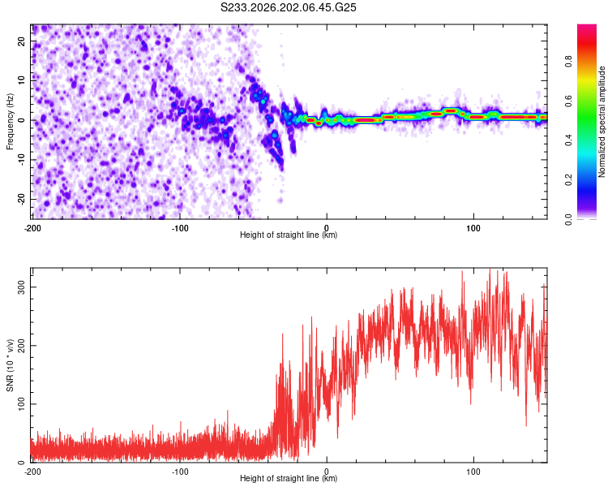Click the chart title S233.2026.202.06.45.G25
click(288, 7)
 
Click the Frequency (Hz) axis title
click(10, 122)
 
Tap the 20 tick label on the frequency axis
click(21, 41)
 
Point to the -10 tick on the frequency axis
click(21, 159)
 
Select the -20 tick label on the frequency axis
click(21, 199)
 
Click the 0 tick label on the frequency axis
click(21, 120)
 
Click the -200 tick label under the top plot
click(32, 228)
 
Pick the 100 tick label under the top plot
click(473, 228)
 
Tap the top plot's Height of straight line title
click(289, 235)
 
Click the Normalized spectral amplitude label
click(602, 122)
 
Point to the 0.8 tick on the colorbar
click(568, 62)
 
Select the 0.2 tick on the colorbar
click(568, 180)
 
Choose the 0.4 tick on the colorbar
click(568, 140)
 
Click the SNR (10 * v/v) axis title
click(10, 365)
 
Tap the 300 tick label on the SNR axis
click(21, 287)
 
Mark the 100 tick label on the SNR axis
click(21, 404)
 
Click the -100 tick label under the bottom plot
click(180, 472)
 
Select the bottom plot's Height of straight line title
click(289, 478)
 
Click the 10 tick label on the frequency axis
click(21, 80)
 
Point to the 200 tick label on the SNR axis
click(21, 346)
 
